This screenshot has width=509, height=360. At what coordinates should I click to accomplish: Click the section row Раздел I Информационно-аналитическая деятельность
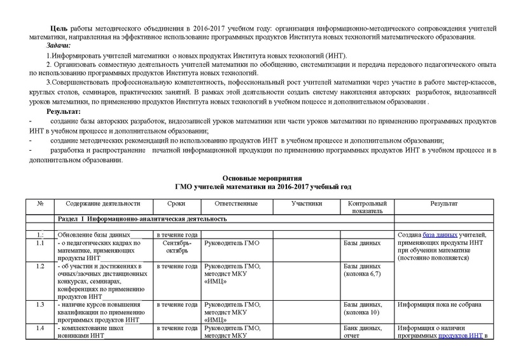(142, 219)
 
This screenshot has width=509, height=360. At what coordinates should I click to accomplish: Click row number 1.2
(40, 266)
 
